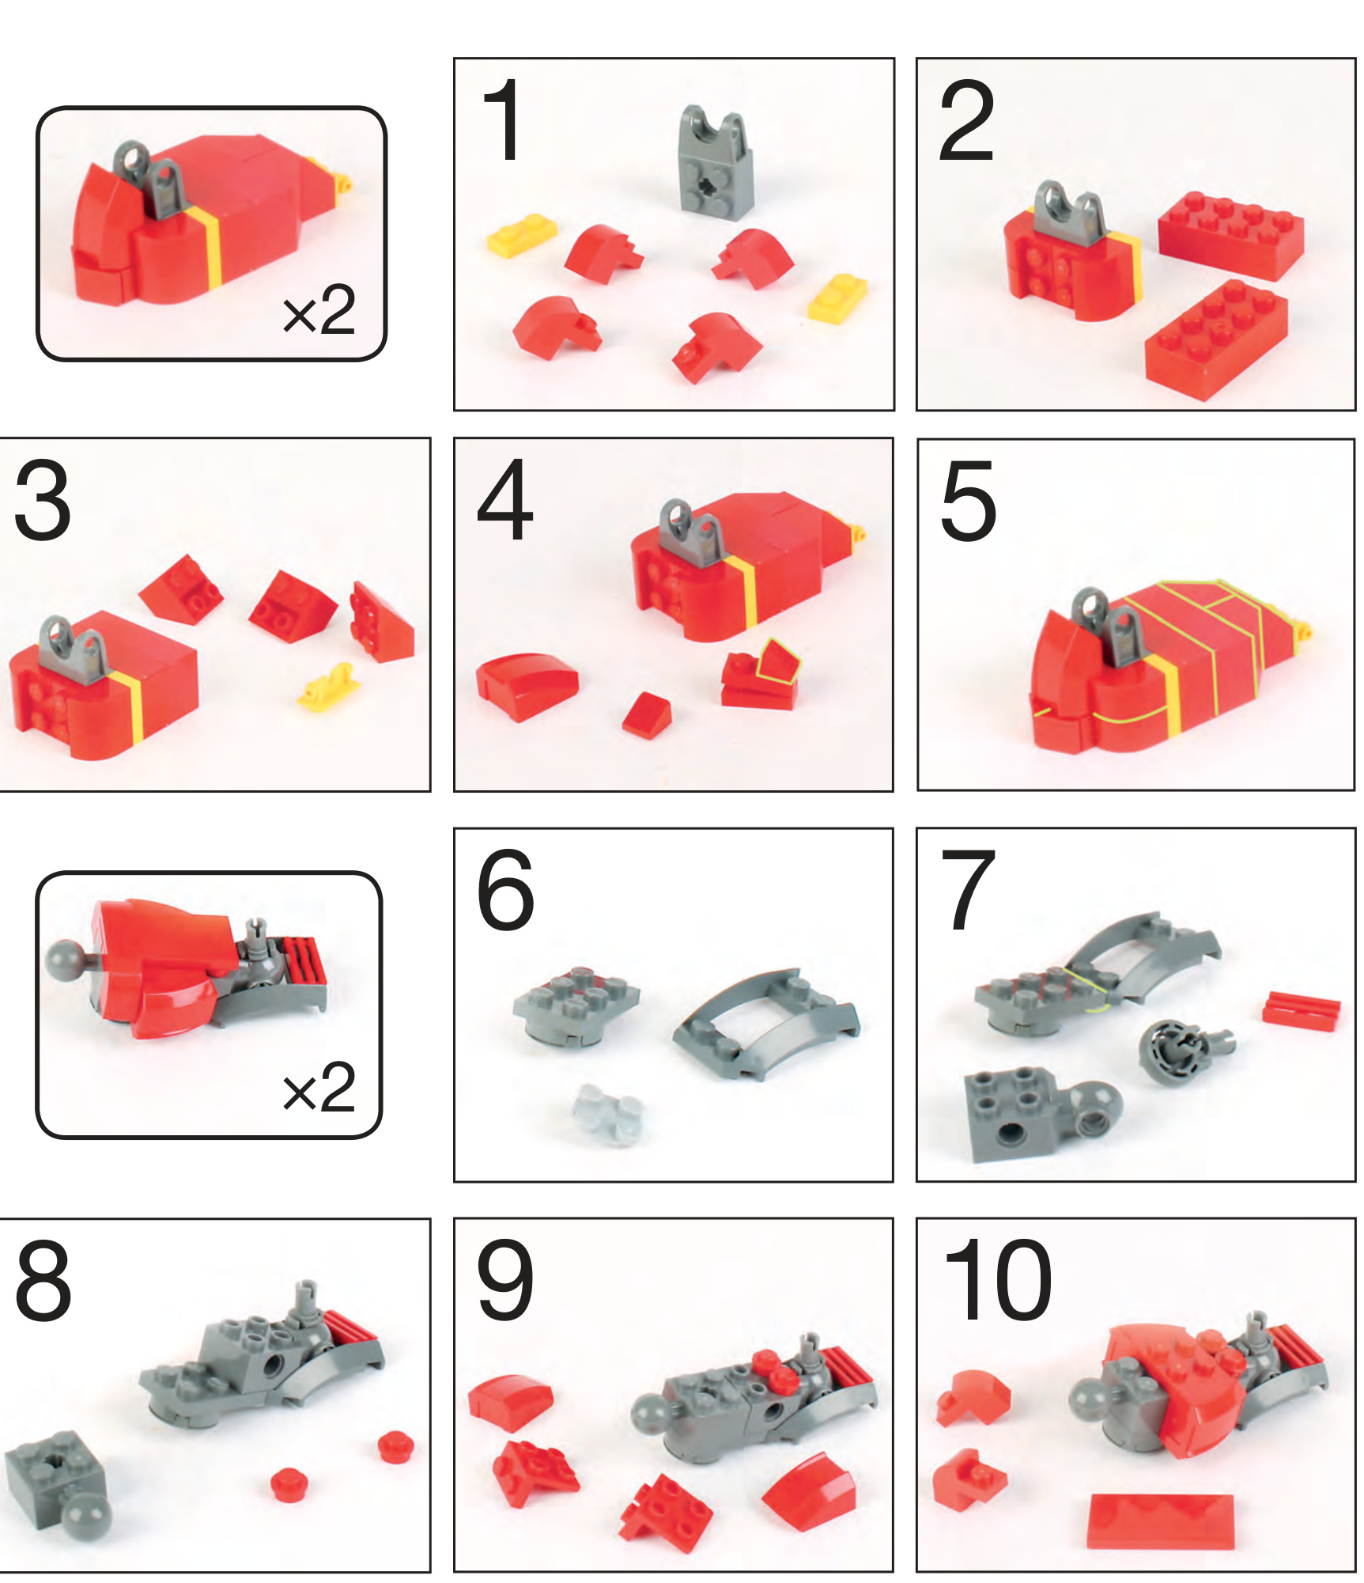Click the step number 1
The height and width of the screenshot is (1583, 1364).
coord(501,121)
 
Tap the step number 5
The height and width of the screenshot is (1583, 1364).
coord(969,501)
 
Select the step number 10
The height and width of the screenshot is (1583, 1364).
coord(997,1280)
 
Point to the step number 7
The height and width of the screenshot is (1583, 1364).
coord(968,890)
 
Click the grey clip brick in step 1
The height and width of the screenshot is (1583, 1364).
coord(716,162)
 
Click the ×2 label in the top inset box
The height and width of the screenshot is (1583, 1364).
coord(319,311)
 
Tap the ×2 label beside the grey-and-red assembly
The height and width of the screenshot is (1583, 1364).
coord(319,1088)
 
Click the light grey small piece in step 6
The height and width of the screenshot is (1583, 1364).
coord(607,1114)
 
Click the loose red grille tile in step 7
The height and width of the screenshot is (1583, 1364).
coord(1301,1009)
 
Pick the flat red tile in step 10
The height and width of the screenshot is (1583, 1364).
coord(1160,1521)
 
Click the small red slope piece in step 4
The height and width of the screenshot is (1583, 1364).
coord(647,714)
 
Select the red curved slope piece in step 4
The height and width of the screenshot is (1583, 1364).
coord(527,685)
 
